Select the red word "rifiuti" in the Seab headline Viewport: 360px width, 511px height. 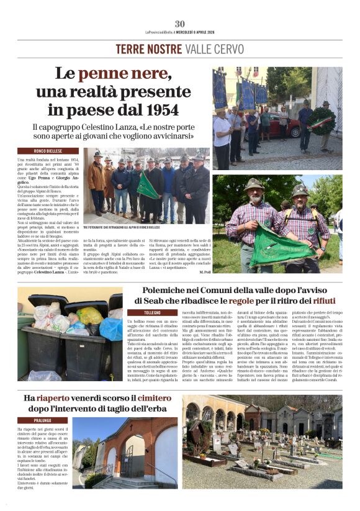pyautogui.click(x=324, y=301)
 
